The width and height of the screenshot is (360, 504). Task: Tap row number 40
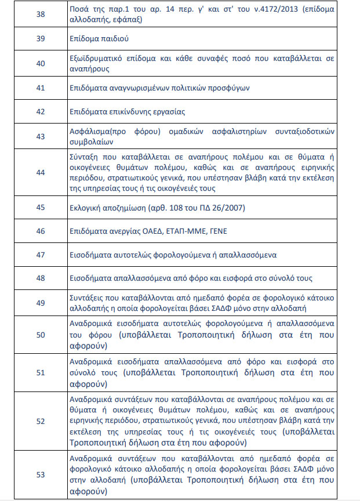[41, 63]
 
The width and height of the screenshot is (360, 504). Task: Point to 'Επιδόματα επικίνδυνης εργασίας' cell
[127, 111]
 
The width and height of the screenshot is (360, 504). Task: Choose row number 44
[41, 172]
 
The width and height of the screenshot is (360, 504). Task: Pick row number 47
[41, 255]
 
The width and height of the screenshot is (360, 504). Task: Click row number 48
[41, 278]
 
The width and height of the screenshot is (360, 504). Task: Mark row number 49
[41, 302]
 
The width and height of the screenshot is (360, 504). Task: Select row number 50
[41, 334]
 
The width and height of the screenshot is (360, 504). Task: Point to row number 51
[41, 372]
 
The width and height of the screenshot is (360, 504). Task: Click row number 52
[41, 422]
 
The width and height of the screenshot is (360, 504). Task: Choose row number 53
[41, 474]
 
